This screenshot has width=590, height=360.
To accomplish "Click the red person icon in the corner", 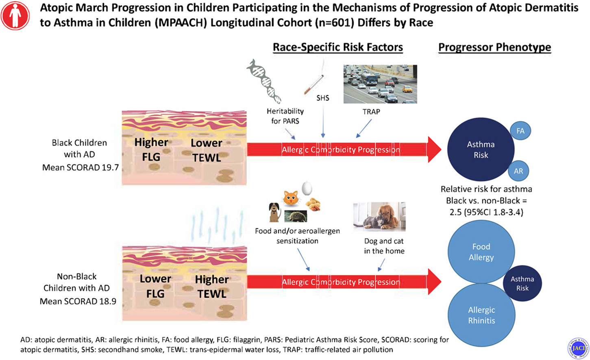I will [x=15, y=15].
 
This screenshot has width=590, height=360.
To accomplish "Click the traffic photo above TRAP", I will [x=380, y=84].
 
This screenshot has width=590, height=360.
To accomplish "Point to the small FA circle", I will [x=520, y=131].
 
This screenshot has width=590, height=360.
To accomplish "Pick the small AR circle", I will [x=518, y=171].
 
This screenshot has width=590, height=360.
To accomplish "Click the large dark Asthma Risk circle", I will [x=481, y=150].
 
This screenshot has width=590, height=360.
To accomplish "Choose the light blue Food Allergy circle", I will [x=481, y=252].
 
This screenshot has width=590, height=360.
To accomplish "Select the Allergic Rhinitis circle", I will [x=481, y=315].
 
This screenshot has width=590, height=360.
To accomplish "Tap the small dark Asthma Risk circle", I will [x=522, y=283].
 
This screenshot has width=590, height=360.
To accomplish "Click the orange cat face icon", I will [x=291, y=198].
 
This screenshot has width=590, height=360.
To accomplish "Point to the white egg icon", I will [x=307, y=188].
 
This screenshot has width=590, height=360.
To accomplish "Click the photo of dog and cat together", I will [x=379, y=217].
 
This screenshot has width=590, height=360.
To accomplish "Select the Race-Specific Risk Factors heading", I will [x=337, y=47].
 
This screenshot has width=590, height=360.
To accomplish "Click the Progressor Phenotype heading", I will [x=494, y=47].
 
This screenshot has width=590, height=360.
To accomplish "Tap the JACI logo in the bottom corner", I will [x=577, y=348].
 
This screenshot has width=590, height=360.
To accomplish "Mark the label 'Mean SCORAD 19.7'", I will [x=81, y=167].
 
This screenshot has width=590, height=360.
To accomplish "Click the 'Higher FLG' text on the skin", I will [x=151, y=149].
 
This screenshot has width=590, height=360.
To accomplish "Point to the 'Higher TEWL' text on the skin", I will [x=211, y=286].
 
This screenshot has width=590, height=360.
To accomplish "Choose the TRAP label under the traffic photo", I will [x=371, y=111].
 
